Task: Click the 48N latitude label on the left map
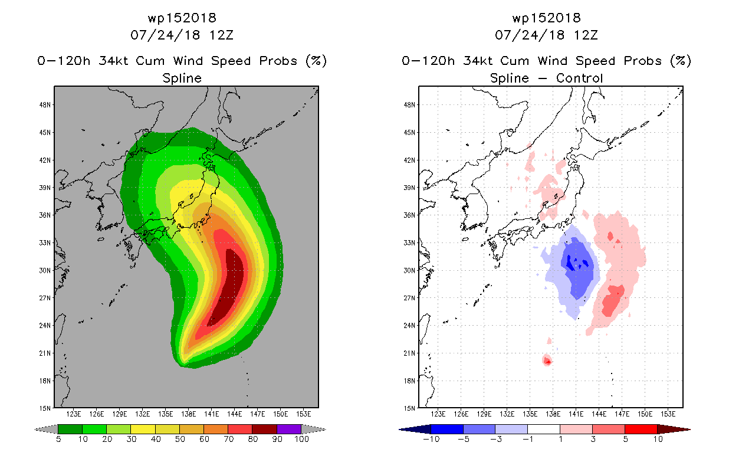pyautogui.click(x=45, y=105)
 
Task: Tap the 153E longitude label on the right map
pyautogui.click(x=668, y=414)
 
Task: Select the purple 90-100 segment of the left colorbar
pyautogui.click(x=289, y=429)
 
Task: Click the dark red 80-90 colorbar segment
pyautogui.click(x=265, y=429)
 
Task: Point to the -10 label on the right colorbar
pyautogui.click(x=431, y=439)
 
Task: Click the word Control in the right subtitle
pyautogui.click(x=579, y=78)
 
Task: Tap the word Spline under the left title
pyautogui.click(x=182, y=78)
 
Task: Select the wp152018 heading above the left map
pyautogui.click(x=182, y=18)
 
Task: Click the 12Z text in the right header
pyautogui.click(x=586, y=35)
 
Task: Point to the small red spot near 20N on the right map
pyautogui.click(x=547, y=360)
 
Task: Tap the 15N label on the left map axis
pyautogui.click(x=45, y=408)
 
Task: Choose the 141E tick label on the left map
pyautogui.click(x=212, y=414)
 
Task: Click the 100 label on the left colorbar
pyautogui.click(x=301, y=439)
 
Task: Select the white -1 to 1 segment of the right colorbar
pyautogui.click(x=544, y=429)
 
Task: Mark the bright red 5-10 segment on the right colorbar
pyautogui.click(x=641, y=429)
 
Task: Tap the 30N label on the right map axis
pyautogui.click(x=409, y=270)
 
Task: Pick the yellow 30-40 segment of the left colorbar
pyautogui.click(x=143, y=429)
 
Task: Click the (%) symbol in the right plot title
pyautogui.click(x=681, y=61)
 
